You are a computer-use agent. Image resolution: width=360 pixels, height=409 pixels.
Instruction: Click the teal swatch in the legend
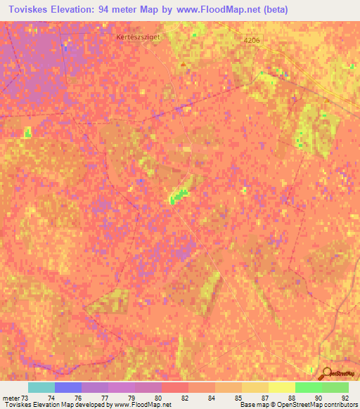pyautogui.click(x=41, y=387)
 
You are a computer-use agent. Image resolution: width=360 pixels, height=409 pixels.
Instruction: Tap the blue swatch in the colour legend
pyautogui.click(x=67, y=387)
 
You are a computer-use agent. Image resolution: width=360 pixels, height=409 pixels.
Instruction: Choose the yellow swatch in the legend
pyautogui.click(x=281, y=387)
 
